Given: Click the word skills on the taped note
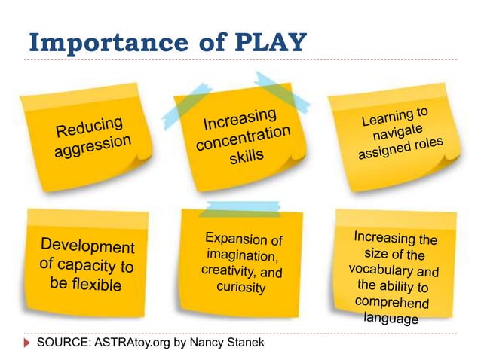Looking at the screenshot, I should (x=248, y=157).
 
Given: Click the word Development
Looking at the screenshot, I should (x=87, y=246).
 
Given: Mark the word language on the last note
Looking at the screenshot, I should (x=391, y=319).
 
